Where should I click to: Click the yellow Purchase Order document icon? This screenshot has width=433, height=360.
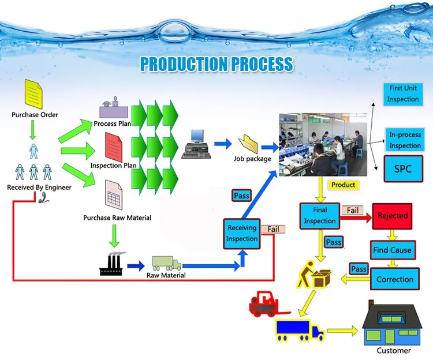(34, 93)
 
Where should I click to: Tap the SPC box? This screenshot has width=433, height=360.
(402, 169)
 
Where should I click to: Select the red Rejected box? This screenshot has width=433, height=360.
(393, 216)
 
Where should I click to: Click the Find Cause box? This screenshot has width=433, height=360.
(392, 250)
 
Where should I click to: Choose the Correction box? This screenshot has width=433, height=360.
(395, 279)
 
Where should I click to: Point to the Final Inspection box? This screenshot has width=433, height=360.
(319, 215)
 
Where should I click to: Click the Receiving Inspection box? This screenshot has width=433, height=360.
(242, 234)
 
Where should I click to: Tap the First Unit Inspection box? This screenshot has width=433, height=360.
(402, 94)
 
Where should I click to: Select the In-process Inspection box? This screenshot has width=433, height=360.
(405, 140)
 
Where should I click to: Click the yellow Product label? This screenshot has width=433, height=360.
(343, 185)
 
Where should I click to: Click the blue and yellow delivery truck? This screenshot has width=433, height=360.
(299, 331)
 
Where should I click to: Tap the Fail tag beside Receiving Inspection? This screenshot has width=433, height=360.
(273, 229)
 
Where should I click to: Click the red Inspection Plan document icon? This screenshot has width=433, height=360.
(113, 147)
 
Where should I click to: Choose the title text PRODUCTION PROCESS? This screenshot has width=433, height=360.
(216, 63)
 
